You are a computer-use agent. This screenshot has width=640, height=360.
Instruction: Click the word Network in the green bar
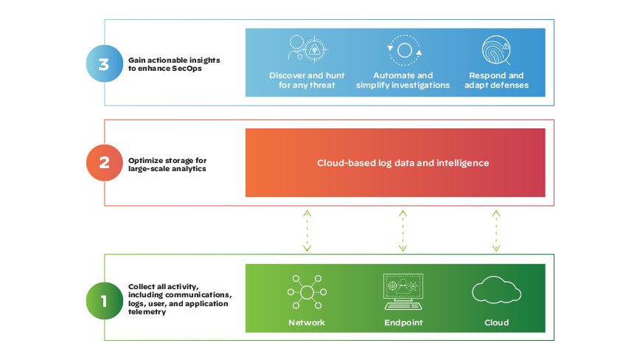(x=306, y=323)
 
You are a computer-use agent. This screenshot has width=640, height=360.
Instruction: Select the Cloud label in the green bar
(x=496, y=323)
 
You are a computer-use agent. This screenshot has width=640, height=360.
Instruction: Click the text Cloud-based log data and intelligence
(x=403, y=163)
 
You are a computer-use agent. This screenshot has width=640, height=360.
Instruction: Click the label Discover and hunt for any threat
(x=302, y=80)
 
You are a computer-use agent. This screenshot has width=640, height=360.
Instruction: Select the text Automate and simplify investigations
(x=403, y=80)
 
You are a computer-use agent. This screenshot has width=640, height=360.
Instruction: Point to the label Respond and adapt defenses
(x=495, y=80)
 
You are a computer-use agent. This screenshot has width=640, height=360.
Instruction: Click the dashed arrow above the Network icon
(x=307, y=230)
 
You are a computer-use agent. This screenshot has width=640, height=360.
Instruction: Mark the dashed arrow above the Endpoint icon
(x=403, y=230)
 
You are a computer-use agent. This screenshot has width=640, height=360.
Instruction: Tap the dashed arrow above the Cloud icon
(x=495, y=230)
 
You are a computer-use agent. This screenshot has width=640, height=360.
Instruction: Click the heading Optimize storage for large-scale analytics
(x=169, y=163)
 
